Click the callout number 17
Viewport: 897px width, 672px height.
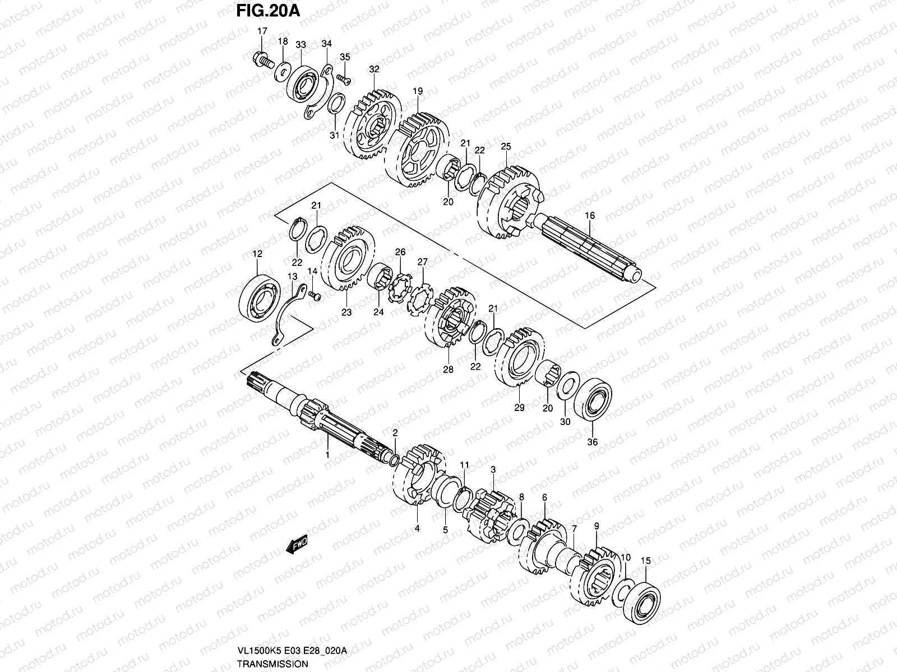pyautogui.click(x=262, y=31)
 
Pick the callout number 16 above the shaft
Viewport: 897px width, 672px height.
pyautogui.click(x=589, y=216)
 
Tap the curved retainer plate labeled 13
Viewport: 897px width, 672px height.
pyautogui.click(x=286, y=316)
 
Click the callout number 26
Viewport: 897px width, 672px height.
pyautogui.click(x=400, y=252)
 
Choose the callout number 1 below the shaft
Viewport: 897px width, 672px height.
pyautogui.click(x=328, y=456)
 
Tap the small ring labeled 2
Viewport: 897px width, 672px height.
pyautogui.click(x=394, y=460)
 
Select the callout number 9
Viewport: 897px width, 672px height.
pyautogui.click(x=597, y=526)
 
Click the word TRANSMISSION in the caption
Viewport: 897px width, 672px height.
pyautogui.click(x=272, y=664)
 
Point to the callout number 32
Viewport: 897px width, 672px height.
pyautogui.click(x=374, y=69)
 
